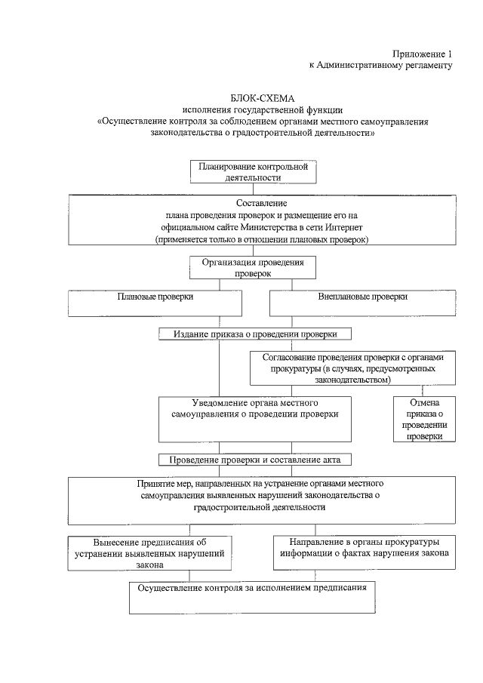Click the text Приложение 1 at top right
(x=422, y=54)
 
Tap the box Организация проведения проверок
(x=253, y=268)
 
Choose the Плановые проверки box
(x=155, y=303)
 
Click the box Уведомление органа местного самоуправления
(x=255, y=419)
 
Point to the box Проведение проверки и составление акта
(x=256, y=459)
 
